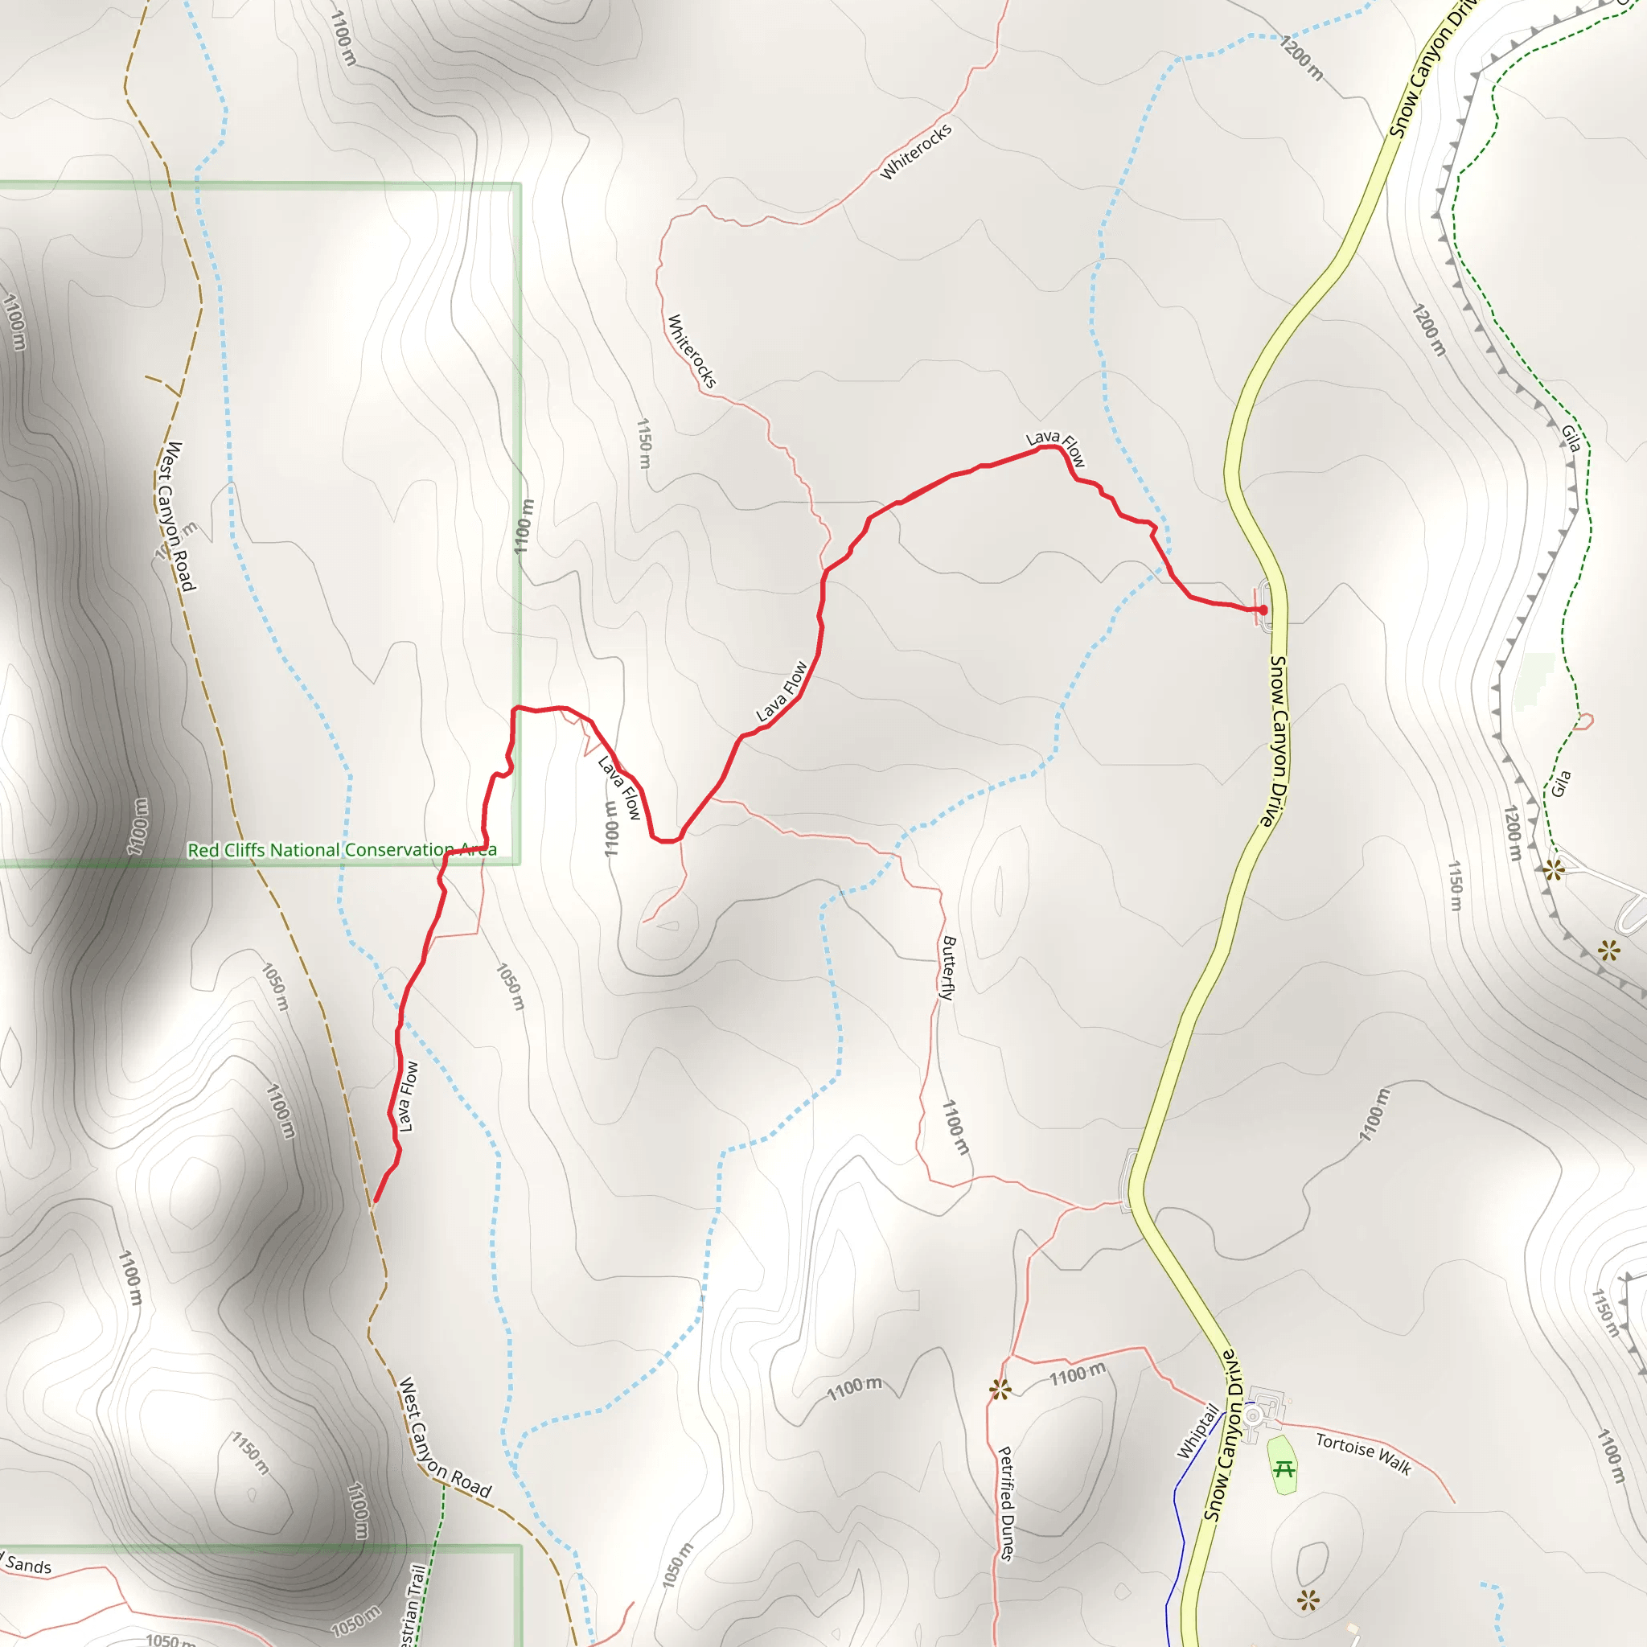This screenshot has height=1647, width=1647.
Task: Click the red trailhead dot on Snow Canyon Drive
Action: point(1263,610)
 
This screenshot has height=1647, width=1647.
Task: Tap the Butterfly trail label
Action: point(948,967)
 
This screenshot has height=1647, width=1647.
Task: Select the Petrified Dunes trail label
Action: point(1007,1504)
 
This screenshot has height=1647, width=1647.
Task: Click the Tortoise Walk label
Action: point(1363,1453)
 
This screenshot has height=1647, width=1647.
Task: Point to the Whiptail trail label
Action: point(1197,1431)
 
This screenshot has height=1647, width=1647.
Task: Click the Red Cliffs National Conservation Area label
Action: point(342,850)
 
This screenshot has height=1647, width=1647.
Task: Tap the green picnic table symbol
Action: point(1284,1470)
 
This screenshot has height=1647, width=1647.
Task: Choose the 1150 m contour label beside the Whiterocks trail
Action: point(644,443)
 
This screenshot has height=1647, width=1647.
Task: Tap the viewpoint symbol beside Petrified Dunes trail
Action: point(1000,1390)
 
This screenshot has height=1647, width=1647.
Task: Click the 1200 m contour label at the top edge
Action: point(1302,58)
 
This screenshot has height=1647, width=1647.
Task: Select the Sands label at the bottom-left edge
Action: point(27,1565)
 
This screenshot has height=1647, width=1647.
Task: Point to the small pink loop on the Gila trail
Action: point(1584,721)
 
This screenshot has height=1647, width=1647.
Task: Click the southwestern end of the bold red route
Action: point(375,1201)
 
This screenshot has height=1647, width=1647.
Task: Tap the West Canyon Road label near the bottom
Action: point(445,1438)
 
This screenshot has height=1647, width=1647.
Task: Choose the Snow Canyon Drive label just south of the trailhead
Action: point(1275,741)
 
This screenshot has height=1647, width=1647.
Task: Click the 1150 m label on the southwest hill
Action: point(251,1453)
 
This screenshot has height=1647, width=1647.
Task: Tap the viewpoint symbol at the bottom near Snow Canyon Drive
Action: point(1308,1600)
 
